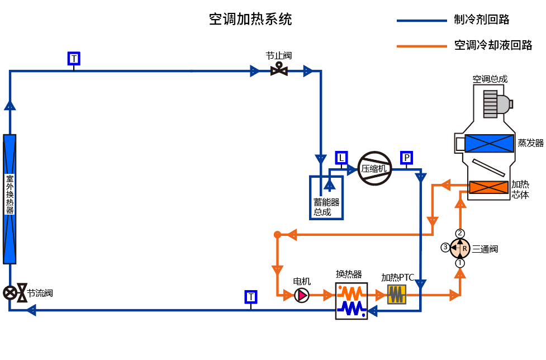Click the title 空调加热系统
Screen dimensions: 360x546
point(250,20)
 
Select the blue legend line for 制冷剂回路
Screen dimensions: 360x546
point(421,21)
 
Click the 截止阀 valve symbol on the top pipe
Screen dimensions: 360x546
point(278,70)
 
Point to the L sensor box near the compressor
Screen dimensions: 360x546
point(341,158)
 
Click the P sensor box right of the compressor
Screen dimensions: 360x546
point(407,158)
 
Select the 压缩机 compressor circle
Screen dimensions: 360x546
point(374,168)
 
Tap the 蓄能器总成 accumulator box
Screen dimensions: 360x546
point(326,197)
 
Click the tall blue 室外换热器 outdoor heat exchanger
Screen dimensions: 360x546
point(10,198)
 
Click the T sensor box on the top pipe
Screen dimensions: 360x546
point(74,58)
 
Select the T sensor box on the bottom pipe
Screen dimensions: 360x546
point(251,297)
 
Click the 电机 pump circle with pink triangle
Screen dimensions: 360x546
point(302,295)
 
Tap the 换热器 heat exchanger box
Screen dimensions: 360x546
point(352,301)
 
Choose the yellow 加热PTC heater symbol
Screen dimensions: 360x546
point(397,294)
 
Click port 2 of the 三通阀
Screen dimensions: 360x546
point(460,233)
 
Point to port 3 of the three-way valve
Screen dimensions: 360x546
point(445,247)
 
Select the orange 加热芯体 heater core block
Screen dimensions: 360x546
point(488,187)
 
